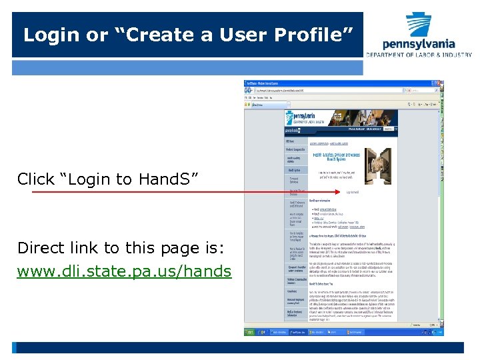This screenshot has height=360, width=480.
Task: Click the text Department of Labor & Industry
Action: coord(419,55)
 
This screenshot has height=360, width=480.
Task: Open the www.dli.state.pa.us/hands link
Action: coord(124,271)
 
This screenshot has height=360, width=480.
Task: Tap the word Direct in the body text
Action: coord(41,248)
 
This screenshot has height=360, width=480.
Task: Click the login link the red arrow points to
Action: coord(353,192)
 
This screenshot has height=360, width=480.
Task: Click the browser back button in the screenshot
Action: coord(248,90)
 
